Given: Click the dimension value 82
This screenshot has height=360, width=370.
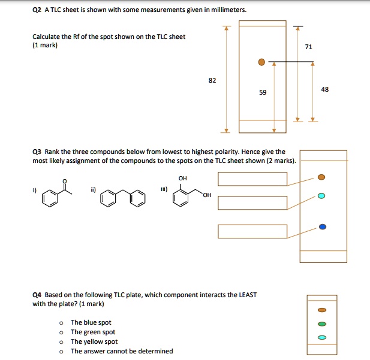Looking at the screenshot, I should click(212, 80).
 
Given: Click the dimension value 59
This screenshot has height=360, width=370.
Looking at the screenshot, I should click(263, 92).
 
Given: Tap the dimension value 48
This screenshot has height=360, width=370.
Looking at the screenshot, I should click(325, 89).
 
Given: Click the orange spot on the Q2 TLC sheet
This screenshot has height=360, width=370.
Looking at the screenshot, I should click(261, 62).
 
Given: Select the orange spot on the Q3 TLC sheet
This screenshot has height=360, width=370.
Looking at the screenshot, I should click(322, 177).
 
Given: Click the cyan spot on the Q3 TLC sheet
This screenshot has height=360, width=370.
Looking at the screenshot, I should click(322, 196).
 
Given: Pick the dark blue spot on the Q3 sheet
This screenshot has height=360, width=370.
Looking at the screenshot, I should click(323, 226).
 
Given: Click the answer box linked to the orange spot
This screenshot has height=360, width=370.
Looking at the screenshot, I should click(252, 179).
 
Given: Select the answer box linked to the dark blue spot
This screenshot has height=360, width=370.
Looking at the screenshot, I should click(252, 231).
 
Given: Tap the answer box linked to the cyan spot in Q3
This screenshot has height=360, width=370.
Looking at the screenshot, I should click(252, 202).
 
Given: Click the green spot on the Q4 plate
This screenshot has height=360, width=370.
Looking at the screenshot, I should click(322, 324).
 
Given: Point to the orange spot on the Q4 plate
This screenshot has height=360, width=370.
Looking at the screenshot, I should click(322, 310).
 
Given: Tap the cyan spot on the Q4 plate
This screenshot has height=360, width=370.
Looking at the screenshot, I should click(322, 337).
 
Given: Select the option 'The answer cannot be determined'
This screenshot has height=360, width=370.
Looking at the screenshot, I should click(122, 351).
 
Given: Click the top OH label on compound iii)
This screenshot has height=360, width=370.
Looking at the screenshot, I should click(182, 178).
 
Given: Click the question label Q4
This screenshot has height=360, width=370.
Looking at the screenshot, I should click(37, 295).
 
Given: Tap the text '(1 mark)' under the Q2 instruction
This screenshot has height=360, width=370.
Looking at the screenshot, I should click(45, 45).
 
